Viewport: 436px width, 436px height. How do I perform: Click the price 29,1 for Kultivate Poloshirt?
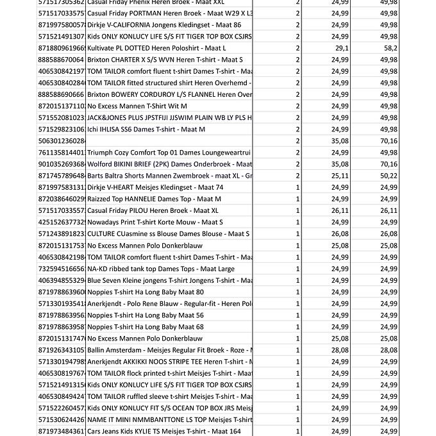click(x=340, y=48)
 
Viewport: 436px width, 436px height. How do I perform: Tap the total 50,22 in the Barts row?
click(x=389, y=176)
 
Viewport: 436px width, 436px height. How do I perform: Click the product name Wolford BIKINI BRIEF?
click(x=169, y=164)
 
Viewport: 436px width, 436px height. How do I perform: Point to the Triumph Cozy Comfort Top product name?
click(x=169, y=153)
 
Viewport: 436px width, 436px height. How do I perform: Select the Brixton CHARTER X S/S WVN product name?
click(x=165, y=60)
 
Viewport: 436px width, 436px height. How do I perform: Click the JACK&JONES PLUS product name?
click(x=169, y=118)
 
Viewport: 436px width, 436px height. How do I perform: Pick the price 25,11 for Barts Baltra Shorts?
click(x=340, y=176)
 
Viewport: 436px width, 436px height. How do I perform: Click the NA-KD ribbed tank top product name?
click(x=161, y=269)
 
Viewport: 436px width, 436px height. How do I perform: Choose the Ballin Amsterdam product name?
click(x=169, y=350)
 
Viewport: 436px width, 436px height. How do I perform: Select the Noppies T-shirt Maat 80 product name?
click(x=146, y=292)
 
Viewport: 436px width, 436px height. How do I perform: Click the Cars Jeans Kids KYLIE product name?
click(x=164, y=432)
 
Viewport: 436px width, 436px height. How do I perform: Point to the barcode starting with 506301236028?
click(x=62, y=141)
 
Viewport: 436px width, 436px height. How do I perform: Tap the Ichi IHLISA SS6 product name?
click(x=146, y=130)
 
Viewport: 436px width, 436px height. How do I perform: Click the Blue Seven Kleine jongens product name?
click(x=169, y=280)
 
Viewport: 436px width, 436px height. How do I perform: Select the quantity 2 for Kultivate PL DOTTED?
click(x=298, y=48)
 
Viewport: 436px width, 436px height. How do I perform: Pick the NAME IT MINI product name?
click(x=169, y=420)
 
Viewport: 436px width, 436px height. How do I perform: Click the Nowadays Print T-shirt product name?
click(x=155, y=222)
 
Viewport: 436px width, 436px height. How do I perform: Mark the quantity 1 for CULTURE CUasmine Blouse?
click(x=298, y=234)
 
